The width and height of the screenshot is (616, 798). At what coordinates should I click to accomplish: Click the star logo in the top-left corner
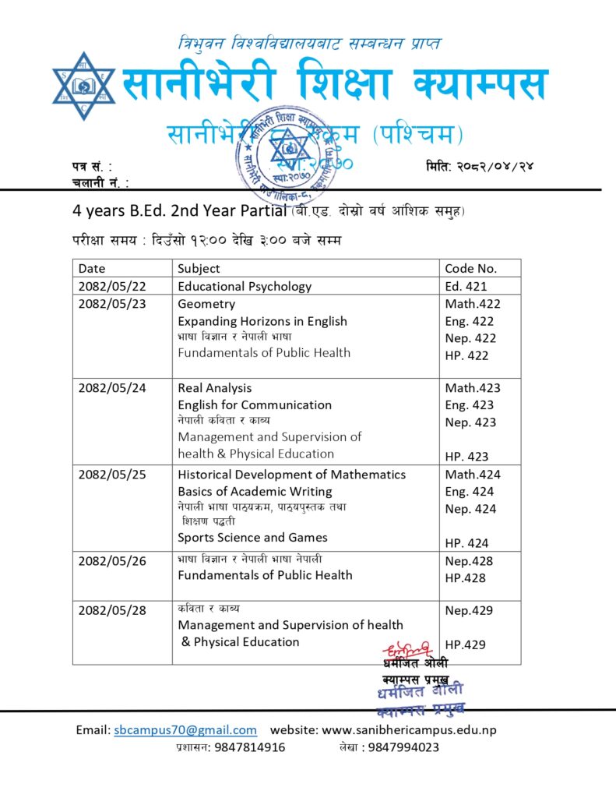pyautogui.click(x=83, y=86)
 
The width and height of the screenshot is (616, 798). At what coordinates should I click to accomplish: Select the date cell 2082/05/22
pyautogui.click(x=112, y=286)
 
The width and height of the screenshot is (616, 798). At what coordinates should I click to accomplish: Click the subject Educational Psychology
pyautogui.click(x=245, y=286)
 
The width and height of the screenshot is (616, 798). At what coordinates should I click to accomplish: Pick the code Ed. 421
pyautogui.click(x=466, y=286)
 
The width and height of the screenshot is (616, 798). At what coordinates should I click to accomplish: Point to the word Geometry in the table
pyautogui.click(x=206, y=304)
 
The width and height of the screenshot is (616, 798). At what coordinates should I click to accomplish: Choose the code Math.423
pyautogui.click(x=473, y=387)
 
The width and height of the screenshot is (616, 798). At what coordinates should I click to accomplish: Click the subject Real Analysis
pyautogui.click(x=215, y=387)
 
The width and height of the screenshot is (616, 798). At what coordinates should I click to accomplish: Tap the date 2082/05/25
pyautogui.click(x=112, y=475)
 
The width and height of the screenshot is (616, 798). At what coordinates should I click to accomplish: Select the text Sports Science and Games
pyautogui.click(x=252, y=537)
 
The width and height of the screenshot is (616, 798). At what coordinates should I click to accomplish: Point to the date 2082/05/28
pyautogui.click(x=112, y=610)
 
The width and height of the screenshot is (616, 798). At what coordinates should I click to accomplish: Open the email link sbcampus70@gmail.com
pyautogui.click(x=185, y=730)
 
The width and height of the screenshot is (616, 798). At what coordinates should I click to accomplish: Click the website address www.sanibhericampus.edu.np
pyautogui.click(x=409, y=730)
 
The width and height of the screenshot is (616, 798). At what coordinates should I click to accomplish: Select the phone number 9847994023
pyautogui.click(x=403, y=747)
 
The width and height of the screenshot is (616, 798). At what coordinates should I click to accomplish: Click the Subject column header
pyautogui.click(x=199, y=268)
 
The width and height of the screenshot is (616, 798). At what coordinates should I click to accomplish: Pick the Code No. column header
pyautogui.click(x=470, y=268)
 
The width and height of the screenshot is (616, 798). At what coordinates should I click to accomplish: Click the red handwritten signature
pyautogui.click(x=407, y=648)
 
